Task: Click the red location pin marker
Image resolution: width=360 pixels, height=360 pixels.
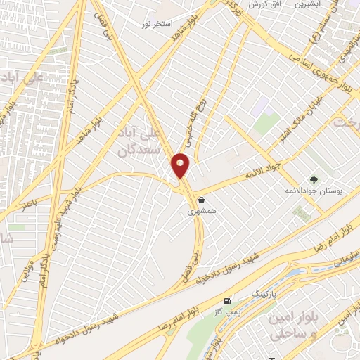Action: [x=181, y=166]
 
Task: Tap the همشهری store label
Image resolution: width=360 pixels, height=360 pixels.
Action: [x=198, y=210]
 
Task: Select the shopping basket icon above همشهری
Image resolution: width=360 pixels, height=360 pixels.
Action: [x=201, y=199]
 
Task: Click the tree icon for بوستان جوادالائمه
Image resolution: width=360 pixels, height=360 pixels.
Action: [x=313, y=180]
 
